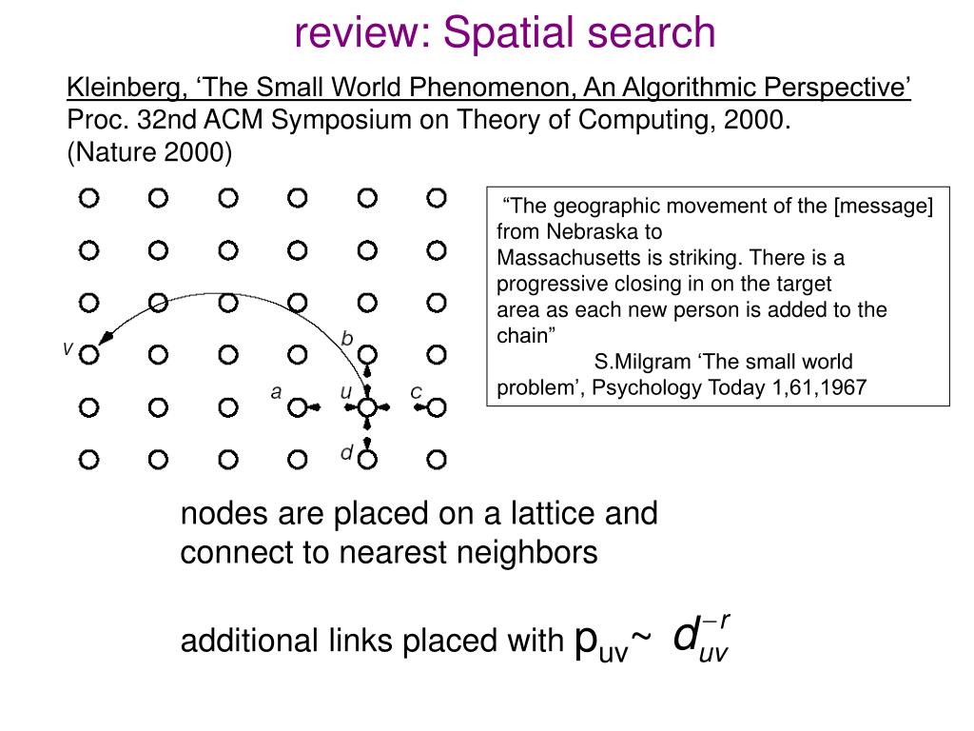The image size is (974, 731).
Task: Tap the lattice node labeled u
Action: coord(367,407)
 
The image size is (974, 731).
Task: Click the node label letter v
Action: coord(68,348)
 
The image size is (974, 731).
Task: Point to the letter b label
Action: coord(347,339)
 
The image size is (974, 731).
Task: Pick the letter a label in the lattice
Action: coord(276,391)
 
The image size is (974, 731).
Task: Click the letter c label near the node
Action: coord(416,391)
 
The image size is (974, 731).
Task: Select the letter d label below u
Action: coord(347,453)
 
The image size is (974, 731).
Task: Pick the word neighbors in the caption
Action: coord(531,552)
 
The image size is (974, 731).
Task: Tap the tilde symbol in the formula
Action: coord(642,642)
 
